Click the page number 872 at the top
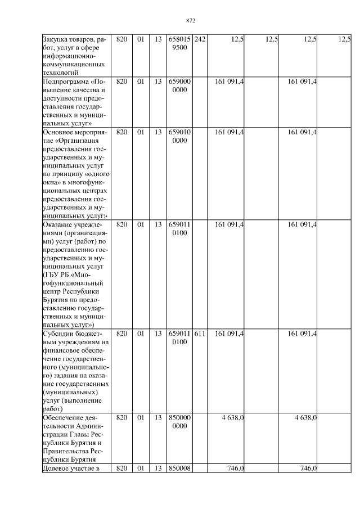pos(190,21)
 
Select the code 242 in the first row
pos(200,39)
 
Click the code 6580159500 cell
pos(179,43)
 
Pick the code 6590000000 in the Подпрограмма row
pos(179,86)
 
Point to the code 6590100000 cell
pos(179,136)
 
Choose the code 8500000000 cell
pos(179,422)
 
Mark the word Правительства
pos(66,451)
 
